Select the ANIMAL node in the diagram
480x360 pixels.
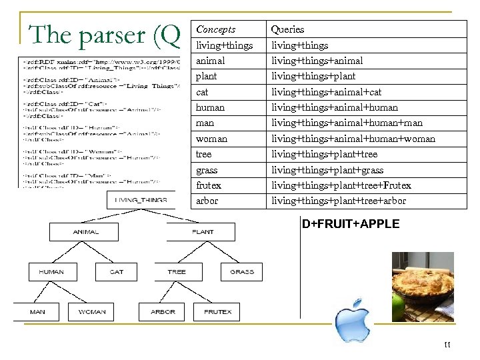86,232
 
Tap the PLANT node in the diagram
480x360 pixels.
203,232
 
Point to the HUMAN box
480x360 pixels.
51,272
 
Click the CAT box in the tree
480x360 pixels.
117,272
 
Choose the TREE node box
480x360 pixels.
177,272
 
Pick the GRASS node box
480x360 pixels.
241,272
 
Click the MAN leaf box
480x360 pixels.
37,311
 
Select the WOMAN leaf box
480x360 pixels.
92,311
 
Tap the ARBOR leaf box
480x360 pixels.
163,311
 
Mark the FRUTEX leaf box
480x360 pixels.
217,311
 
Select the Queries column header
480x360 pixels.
287,29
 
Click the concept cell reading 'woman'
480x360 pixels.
211,139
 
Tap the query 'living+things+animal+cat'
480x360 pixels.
325,92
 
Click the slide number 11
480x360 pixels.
447,345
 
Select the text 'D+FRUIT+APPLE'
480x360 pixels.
351,224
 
